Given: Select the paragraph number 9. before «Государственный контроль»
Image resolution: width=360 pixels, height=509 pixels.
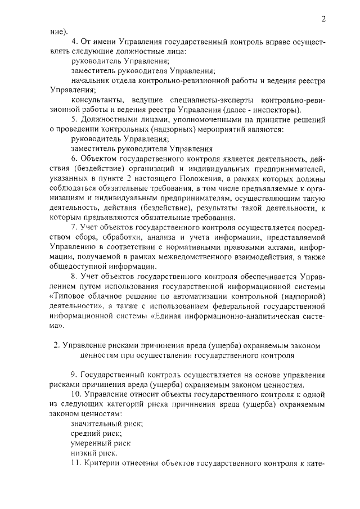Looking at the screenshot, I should pos(74,375).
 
